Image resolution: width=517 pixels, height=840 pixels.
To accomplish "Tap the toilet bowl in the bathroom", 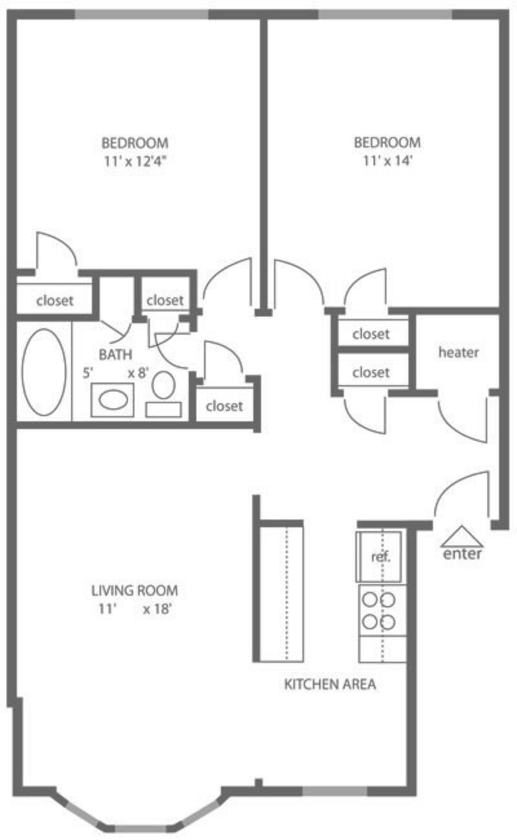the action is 164,384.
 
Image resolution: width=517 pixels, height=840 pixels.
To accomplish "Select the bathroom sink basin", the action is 113,400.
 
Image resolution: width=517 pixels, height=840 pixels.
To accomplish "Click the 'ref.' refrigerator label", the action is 381,557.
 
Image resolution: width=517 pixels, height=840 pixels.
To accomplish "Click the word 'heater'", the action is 458,352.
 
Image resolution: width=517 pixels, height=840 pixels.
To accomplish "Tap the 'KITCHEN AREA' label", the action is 330,684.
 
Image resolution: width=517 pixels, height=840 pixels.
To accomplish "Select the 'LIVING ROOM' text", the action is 134,591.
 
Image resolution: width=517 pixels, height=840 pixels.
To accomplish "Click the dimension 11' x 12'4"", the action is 135,162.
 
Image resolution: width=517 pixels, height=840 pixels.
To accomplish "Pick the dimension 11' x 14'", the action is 388,161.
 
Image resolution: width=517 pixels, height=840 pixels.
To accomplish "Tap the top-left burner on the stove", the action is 370,600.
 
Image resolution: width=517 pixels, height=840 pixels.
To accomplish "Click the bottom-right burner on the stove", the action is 388,622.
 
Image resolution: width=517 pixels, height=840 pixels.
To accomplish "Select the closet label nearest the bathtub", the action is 55,300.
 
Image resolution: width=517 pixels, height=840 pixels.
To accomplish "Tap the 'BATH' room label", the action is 116,354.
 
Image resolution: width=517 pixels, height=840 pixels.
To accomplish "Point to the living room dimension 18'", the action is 157,609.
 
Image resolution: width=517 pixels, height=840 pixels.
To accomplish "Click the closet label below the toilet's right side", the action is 224,406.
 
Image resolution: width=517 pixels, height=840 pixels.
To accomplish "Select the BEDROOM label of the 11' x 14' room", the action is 388,143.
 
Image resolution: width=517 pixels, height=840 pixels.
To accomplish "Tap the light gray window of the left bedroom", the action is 142,14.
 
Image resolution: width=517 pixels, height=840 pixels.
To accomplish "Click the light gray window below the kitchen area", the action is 335,791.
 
